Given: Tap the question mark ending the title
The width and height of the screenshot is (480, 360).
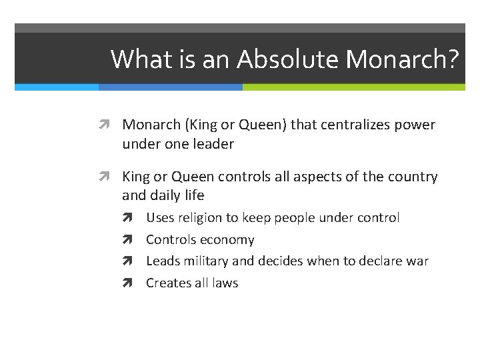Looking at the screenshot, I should (453, 59).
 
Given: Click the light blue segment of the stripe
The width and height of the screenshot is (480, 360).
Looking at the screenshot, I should (57, 87).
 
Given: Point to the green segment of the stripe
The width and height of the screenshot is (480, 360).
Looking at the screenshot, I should (353, 87).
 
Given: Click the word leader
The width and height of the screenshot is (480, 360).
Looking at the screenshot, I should (213, 143).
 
